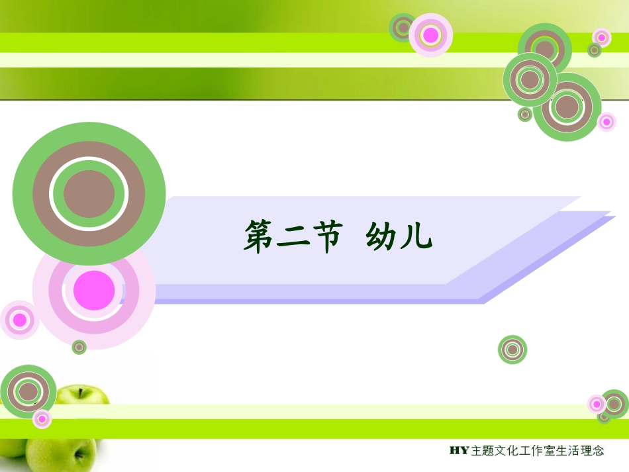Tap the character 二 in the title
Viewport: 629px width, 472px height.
point(296,237)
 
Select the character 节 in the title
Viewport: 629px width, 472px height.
point(328,236)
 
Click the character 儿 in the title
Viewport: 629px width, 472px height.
point(417,237)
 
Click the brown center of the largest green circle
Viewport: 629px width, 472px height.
point(89,194)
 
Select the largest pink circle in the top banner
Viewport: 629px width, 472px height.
point(431,35)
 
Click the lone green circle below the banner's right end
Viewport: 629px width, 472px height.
point(512,350)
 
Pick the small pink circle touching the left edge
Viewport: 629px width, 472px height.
point(19,320)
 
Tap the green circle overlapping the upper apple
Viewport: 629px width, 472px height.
point(28,393)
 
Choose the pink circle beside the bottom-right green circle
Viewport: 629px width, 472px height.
point(597,403)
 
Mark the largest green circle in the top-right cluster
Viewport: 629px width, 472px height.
point(567,107)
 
